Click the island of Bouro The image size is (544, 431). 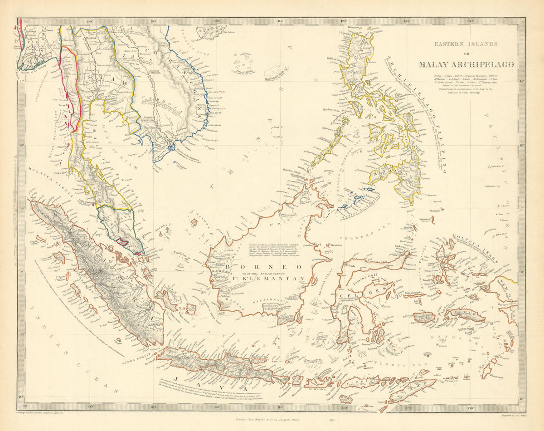[424, 318]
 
